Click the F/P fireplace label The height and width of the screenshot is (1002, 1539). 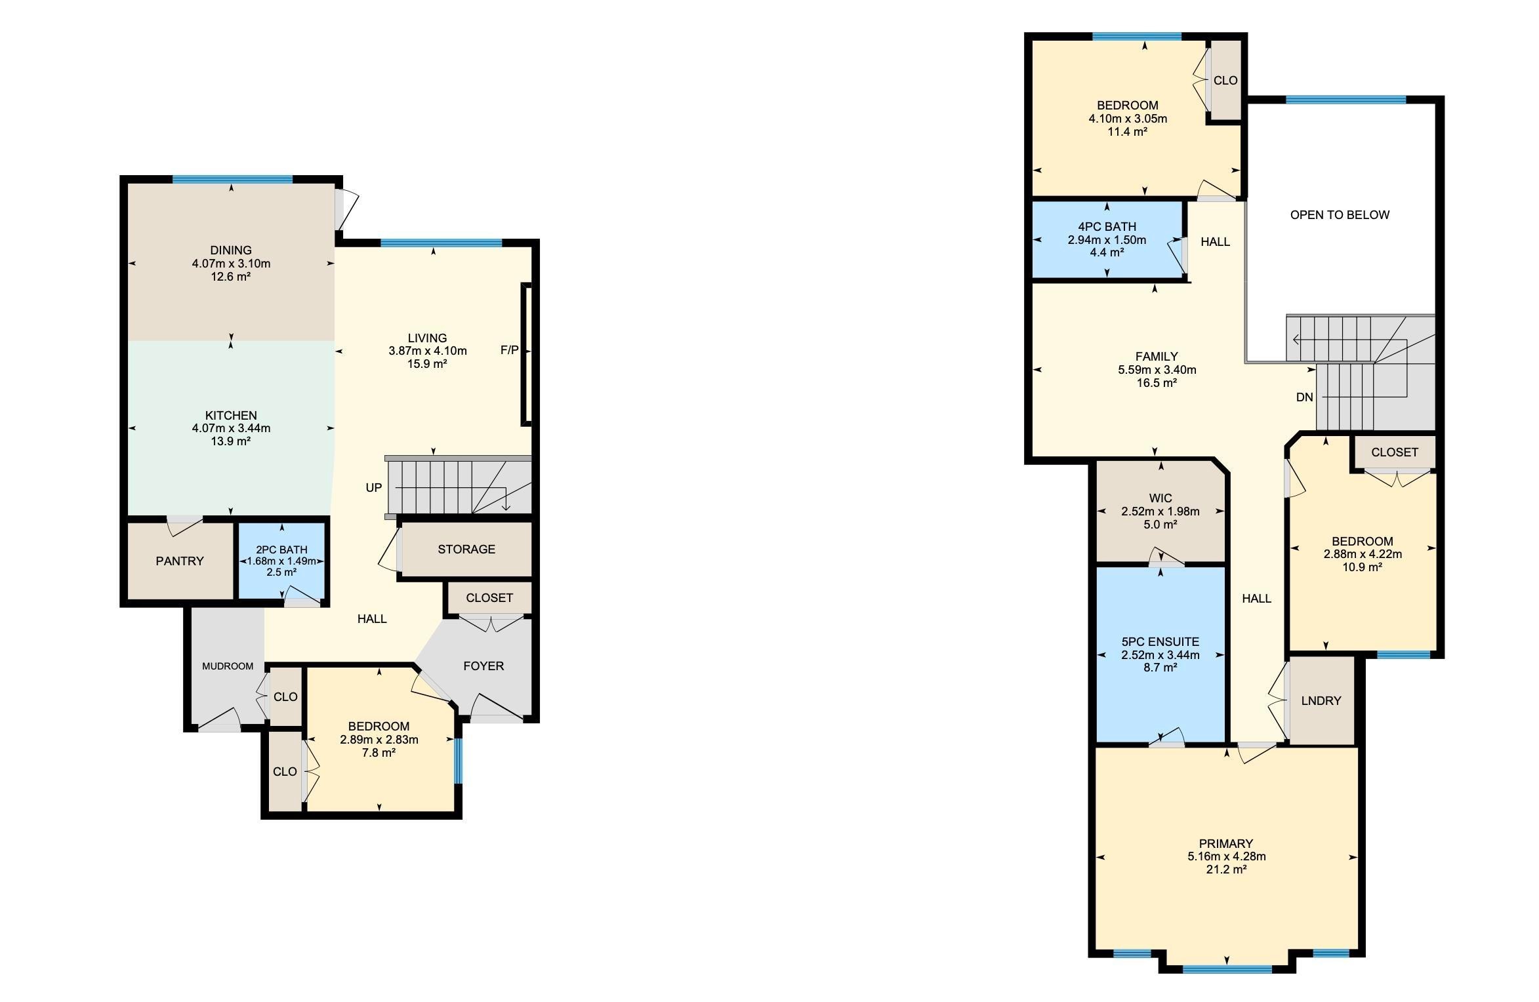tap(509, 350)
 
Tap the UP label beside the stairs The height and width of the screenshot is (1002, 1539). tap(374, 488)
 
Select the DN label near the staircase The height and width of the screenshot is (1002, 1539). tap(1305, 397)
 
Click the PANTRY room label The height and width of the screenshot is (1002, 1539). tap(180, 561)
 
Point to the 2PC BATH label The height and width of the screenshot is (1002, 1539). tap(281, 550)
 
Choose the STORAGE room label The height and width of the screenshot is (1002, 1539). tap(466, 550)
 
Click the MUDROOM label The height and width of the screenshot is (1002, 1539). tap(228, 666)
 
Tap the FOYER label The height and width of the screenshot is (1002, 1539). tap(483, 666)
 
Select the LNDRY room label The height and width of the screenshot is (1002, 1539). tap(1321, 701)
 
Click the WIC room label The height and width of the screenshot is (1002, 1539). tap(1160, 498)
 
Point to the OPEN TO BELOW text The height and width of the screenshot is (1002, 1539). tap(1340, 215)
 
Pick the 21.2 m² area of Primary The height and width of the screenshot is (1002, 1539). tap(1226, 870)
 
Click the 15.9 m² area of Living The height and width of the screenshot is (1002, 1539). tap(427, 364)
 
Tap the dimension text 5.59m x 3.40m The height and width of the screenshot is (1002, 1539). tap(1157, 370)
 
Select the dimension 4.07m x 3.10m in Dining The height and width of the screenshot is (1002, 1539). tap(231, 264)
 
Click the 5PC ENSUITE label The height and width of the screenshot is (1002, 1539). tap(1160, 642)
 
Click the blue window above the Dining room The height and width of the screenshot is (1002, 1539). tap(232, 179)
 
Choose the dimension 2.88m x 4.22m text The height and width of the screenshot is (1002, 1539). tap(1363, 554)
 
